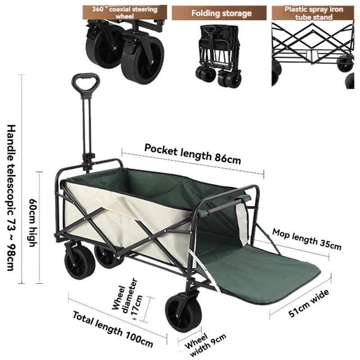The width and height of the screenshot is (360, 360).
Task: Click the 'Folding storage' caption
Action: [x=221, y=13]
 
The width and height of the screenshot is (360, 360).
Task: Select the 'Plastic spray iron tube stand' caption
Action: [x=313, y=13]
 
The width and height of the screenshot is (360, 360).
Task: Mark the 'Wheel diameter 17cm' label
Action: [x=128, y=299]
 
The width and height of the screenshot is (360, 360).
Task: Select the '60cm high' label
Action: [x=32, y=222]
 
